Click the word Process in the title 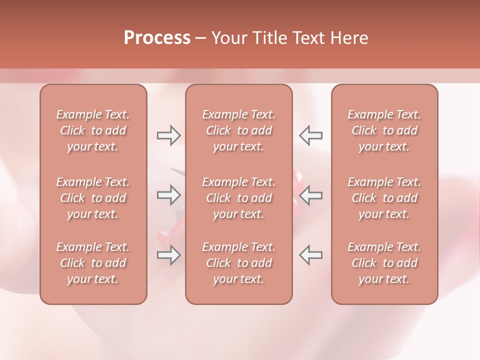pos(157,38)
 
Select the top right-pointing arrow pos(168,135)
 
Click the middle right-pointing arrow pos(168,194)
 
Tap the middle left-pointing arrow pos(310,194)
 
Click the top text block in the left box pos(93,130)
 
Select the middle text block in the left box pos(93,198)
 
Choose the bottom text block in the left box pos(93,263)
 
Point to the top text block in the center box pos(238,130)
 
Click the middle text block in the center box pos(238,198)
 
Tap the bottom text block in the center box pos(238,263)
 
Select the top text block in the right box pos(384,130)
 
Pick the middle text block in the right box pos(384,198)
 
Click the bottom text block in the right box pos(384,263)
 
